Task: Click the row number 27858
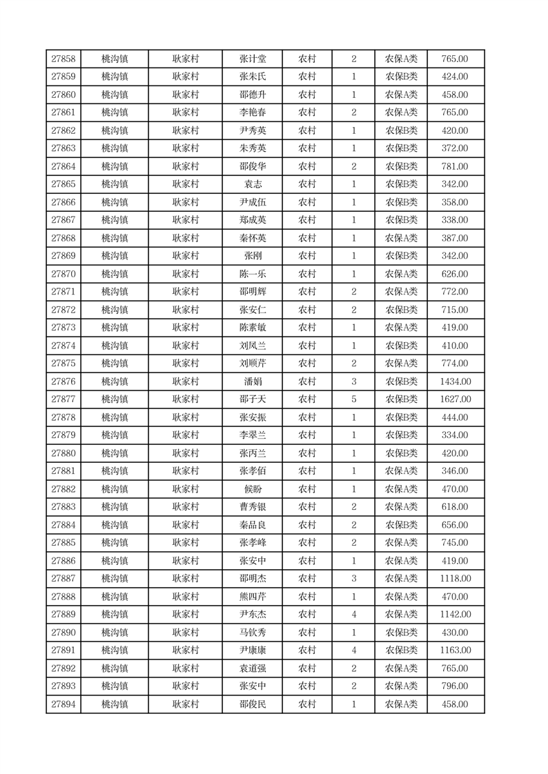pos(63,59)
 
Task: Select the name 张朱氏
pos(252,77)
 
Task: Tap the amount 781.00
pos(455,166)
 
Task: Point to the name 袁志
pos(252,184)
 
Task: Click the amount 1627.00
pos(455,399)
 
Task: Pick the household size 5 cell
pos(353,399)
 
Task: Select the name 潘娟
pos(252,381)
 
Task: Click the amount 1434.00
pos(455,381)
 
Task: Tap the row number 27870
pos(63,274)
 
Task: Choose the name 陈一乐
pos(252,274)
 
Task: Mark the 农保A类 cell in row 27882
pos(401,489)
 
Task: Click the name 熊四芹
pos(252,597)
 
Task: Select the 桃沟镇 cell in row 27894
pos(115,704)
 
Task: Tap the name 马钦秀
pos(252,633)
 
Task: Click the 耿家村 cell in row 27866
pos(185,202)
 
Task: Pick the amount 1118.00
pos(455,579)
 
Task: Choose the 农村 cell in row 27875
pos(306,364)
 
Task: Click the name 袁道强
pos(252,668)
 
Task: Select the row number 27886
pos(63,561)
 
